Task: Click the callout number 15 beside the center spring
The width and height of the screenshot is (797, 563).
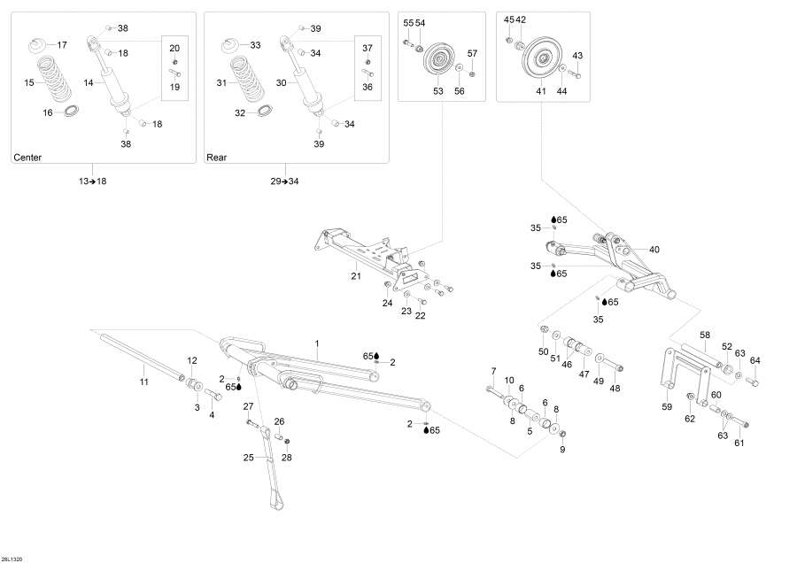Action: tap(28, 82)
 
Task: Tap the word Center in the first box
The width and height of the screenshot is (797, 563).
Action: tap(27, 158)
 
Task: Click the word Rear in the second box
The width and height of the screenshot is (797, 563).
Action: tap(217, 158)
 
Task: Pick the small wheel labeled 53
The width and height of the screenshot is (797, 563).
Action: tap(438, 63)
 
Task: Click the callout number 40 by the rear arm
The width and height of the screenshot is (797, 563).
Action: tap(654, 250)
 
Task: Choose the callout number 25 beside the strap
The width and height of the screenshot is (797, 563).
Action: tap(248, 458)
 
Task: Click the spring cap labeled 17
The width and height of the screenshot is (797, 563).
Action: tap(39, 44)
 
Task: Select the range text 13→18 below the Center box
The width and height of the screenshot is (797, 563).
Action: tap(92, 181)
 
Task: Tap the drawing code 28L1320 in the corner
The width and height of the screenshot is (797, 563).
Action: tap(12, 558)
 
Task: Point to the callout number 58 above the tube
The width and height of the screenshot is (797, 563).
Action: tap(705, 335)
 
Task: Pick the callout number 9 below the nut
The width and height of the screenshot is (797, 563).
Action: tap(561, 450)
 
